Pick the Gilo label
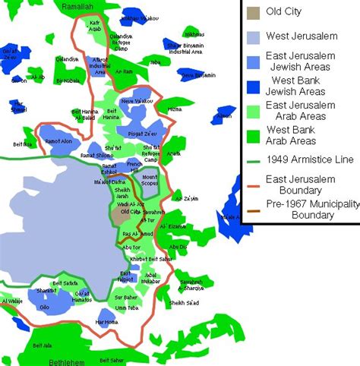click(45, 308)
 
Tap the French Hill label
click(134, 166)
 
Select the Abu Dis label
click(179, 247)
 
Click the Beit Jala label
click(43, 345)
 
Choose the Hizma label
click(174, 109)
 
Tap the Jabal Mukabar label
click(153, 277)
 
